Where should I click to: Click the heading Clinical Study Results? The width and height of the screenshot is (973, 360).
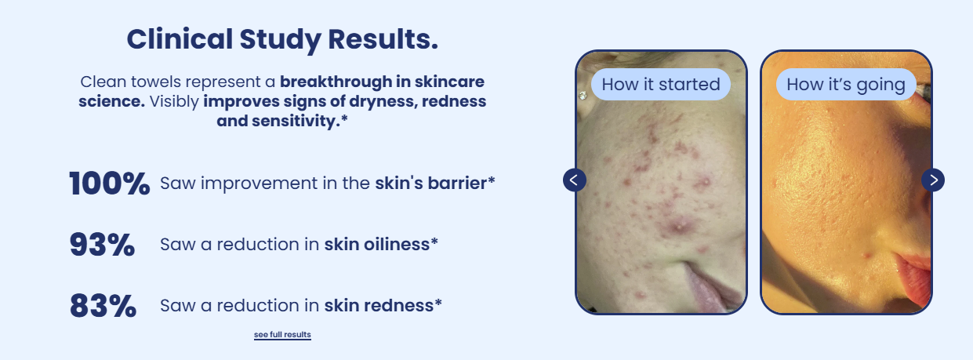(282, 39)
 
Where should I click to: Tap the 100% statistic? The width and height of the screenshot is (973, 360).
(110, 183)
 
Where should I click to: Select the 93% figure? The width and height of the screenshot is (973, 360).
(102, 245)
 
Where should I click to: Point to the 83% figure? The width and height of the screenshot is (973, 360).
(103, 306)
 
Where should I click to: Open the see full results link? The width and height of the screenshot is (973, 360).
(282, 335)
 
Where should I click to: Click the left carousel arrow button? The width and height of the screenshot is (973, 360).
(574, 180)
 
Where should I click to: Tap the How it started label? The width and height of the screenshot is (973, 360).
(661, 85)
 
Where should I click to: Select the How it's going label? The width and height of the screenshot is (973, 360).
(846, 85)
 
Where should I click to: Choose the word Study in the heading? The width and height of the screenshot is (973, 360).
(280, 39)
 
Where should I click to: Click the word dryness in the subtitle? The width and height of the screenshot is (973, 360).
(383, 101)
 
